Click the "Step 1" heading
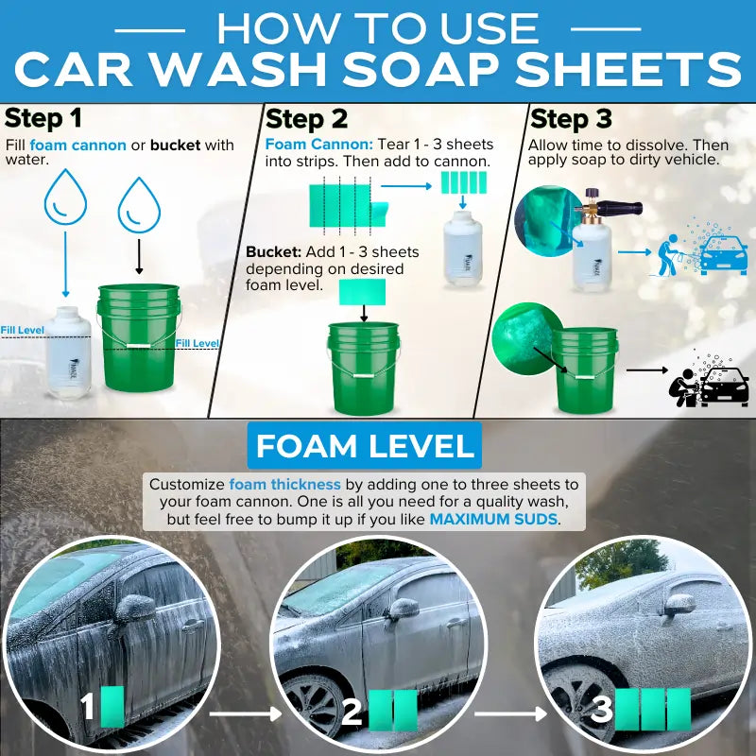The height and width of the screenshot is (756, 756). tap(43, 118)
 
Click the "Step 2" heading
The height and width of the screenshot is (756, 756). tap(306, 118)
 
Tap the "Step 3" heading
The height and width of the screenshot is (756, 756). tap(571, 118)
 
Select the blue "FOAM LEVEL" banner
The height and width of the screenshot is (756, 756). tap(364, 446)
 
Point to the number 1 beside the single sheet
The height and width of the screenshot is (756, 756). tap(87, 707)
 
